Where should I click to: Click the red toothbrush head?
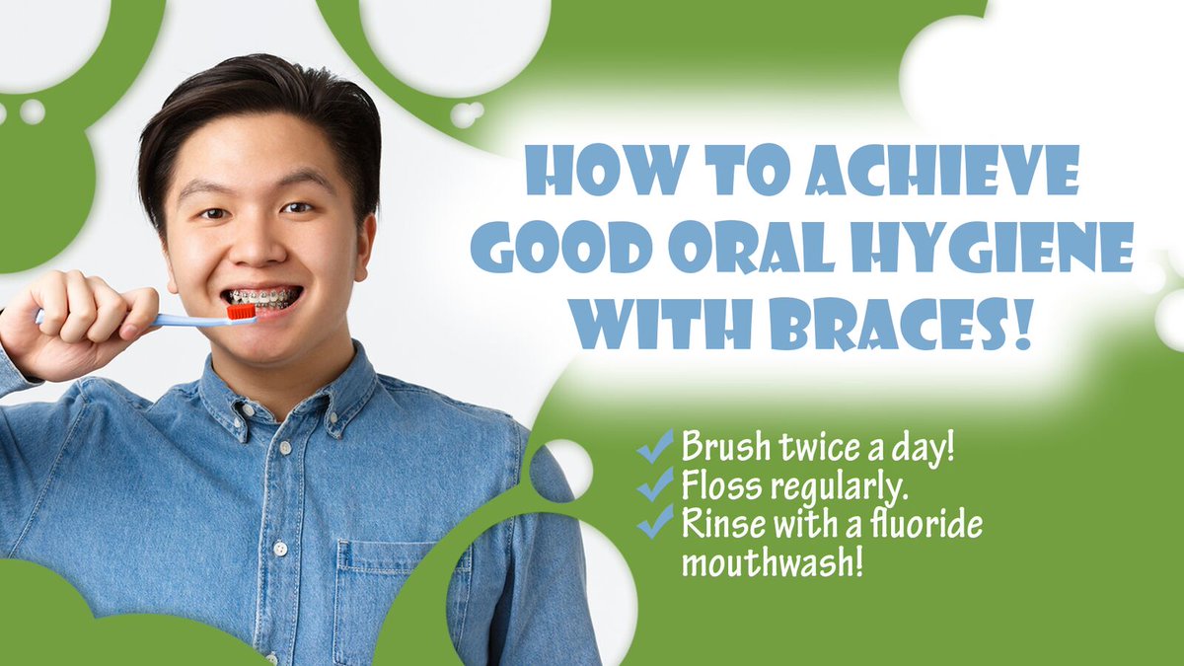[241, 312]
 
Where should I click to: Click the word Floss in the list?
[712, 485]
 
